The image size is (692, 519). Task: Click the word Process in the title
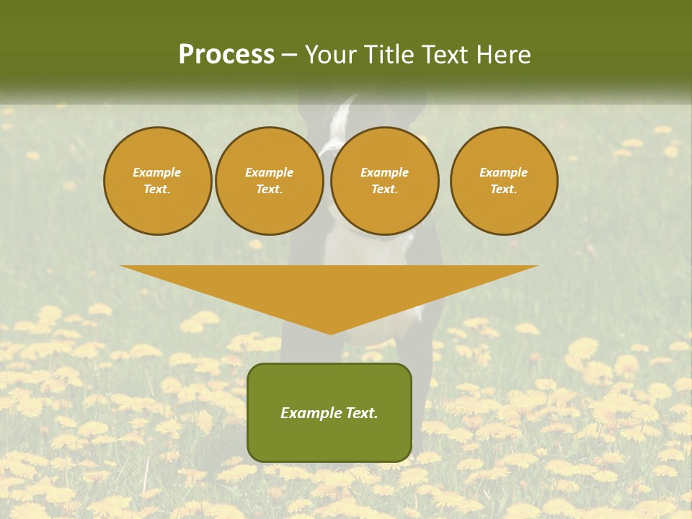[226, 54]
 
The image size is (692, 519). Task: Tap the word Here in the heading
[502, 54]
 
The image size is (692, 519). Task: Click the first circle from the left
[157, 181]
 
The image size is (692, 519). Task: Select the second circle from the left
[269, 181]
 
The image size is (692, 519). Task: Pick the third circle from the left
[384, 181]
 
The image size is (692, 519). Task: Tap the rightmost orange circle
[504, 181]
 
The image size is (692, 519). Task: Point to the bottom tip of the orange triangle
[330, 334]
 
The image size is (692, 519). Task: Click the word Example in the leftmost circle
[157, 172]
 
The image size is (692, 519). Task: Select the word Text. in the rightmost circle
[504, 190]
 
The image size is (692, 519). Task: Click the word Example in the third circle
[384, 172]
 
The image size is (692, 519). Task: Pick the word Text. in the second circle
[269, 190]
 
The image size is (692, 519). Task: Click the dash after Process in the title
[289, 55]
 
